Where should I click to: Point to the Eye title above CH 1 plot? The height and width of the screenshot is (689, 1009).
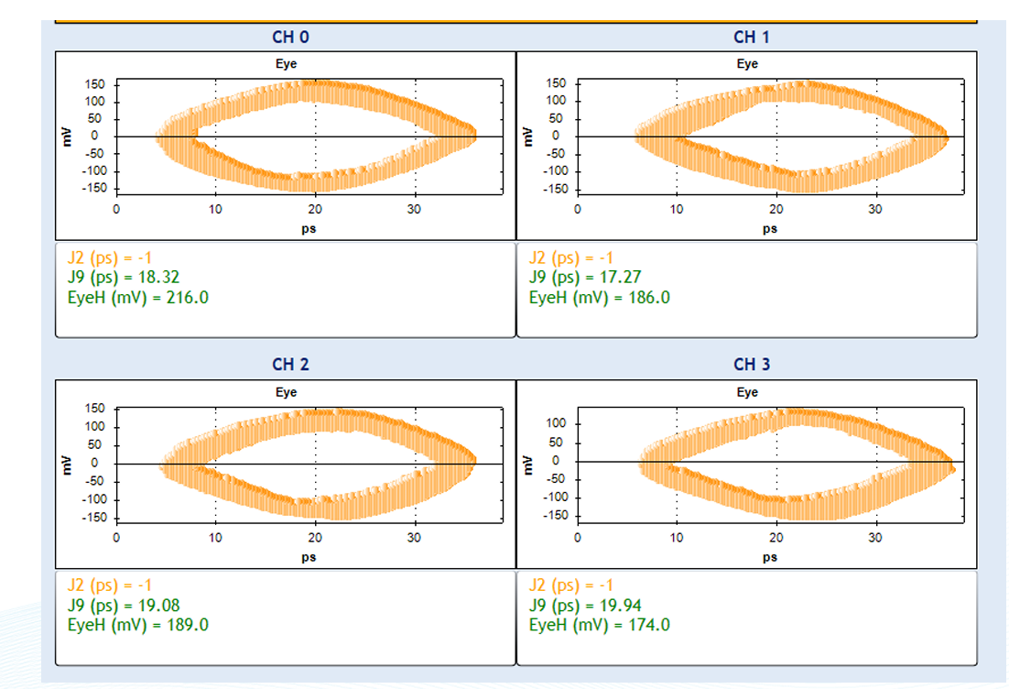(x=747, y=64)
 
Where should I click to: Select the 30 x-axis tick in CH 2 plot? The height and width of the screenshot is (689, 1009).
(x=414, y=537)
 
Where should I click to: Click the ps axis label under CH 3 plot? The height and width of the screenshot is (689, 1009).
(x=770, y=556)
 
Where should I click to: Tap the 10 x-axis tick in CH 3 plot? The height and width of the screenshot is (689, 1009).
(x=677, y=537)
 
